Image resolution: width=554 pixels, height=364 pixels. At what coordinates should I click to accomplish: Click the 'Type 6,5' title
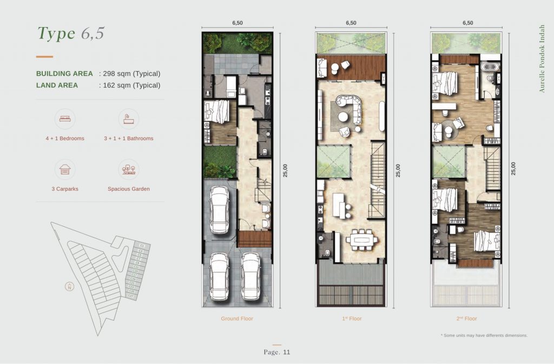coord(70,33)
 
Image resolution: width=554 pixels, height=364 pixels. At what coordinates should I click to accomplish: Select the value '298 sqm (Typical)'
coord(130,74)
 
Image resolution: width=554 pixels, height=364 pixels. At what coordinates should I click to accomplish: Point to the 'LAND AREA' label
coord(57,85)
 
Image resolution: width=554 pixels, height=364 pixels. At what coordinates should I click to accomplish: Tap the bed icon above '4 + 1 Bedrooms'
coord(65,119)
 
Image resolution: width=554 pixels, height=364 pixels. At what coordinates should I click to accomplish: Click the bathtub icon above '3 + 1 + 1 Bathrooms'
coord(129,119)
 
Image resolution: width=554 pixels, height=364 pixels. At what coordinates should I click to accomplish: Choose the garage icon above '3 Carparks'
coord(65,170)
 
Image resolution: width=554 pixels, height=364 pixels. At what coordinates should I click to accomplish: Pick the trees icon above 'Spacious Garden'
coord(129,170)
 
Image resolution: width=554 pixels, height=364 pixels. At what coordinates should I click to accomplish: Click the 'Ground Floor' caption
coord(236,318)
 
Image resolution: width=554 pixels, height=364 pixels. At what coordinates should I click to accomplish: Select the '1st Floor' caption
coord(351,318)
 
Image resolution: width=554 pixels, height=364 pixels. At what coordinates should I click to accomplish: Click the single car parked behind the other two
coord(221,209)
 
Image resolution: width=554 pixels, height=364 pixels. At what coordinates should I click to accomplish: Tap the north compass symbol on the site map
coord(69,287)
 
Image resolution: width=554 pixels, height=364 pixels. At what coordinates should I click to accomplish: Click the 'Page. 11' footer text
coord(277,352)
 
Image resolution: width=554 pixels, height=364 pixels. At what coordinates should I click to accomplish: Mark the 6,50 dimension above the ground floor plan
coord(236,23)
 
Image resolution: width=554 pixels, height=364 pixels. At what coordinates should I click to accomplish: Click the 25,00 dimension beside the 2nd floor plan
coord(513,168)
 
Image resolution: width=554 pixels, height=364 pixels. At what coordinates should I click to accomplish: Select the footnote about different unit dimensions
coord(484,335)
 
